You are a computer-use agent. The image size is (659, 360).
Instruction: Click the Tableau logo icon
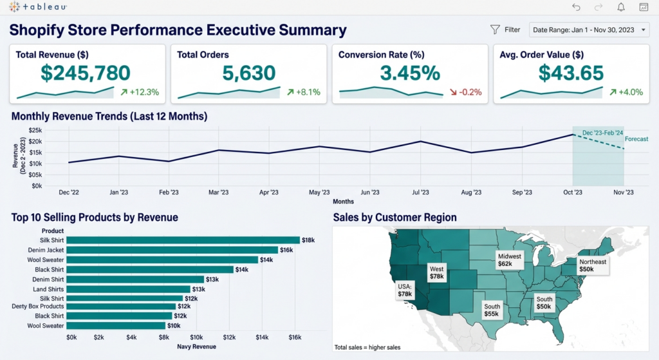(14, 6)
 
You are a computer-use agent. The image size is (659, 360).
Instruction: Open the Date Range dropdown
(589, 30)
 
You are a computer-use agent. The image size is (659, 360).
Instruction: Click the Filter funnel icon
(495, 30)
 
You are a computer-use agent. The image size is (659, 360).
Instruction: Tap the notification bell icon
(621, 6)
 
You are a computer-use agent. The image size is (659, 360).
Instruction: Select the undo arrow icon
(576, 6)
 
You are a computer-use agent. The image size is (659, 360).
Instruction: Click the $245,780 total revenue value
(86, 73)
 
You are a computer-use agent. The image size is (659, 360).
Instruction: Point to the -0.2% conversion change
(466, 92)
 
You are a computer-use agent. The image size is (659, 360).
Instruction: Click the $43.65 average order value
(571, 73)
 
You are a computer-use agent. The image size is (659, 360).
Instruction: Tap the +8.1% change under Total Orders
(304, 92)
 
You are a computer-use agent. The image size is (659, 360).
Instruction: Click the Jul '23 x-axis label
(420, 192)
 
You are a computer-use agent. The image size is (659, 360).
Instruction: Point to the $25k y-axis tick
(35, 130)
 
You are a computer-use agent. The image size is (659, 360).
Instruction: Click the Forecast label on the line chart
(636, 139)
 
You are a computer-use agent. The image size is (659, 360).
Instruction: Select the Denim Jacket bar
(172, 250)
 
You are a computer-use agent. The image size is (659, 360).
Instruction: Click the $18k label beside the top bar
(308, 240)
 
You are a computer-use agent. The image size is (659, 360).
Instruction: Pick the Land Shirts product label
(48, 289)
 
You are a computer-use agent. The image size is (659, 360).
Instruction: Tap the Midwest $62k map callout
(510, 260)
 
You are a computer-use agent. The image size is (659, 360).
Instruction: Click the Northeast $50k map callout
(593, 265)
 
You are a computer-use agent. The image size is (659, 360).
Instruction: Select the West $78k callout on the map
(437, 272)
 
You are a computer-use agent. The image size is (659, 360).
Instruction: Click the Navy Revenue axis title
(196, 346)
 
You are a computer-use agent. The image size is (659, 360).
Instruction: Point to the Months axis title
(344, 202)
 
